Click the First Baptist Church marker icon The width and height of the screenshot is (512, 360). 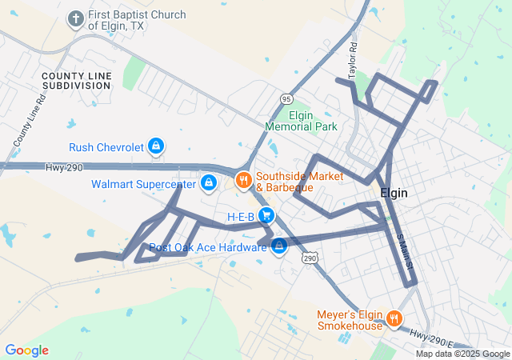(x=76, y=18)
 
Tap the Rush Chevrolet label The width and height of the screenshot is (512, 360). (x=106, y=147)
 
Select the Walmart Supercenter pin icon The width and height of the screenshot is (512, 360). (x=208, y=183)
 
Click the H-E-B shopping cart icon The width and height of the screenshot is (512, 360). (x=266, y=216)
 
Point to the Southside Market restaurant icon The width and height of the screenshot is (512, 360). (x=242, y=178)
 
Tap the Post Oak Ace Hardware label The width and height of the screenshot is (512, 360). (x=207, y=248)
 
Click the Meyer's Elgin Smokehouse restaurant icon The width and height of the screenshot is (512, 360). (x=394, y=319)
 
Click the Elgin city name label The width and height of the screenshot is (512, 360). (x=398, y=193)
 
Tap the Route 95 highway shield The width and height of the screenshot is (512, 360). (x=286, y=98)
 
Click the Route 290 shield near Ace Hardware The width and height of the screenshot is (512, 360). (x=310, y=258)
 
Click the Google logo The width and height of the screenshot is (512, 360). (x=27, y=350)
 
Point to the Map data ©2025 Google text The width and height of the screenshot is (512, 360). (x=462, y=354)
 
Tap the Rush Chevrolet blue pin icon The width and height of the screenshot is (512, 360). (x=158, y=146)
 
